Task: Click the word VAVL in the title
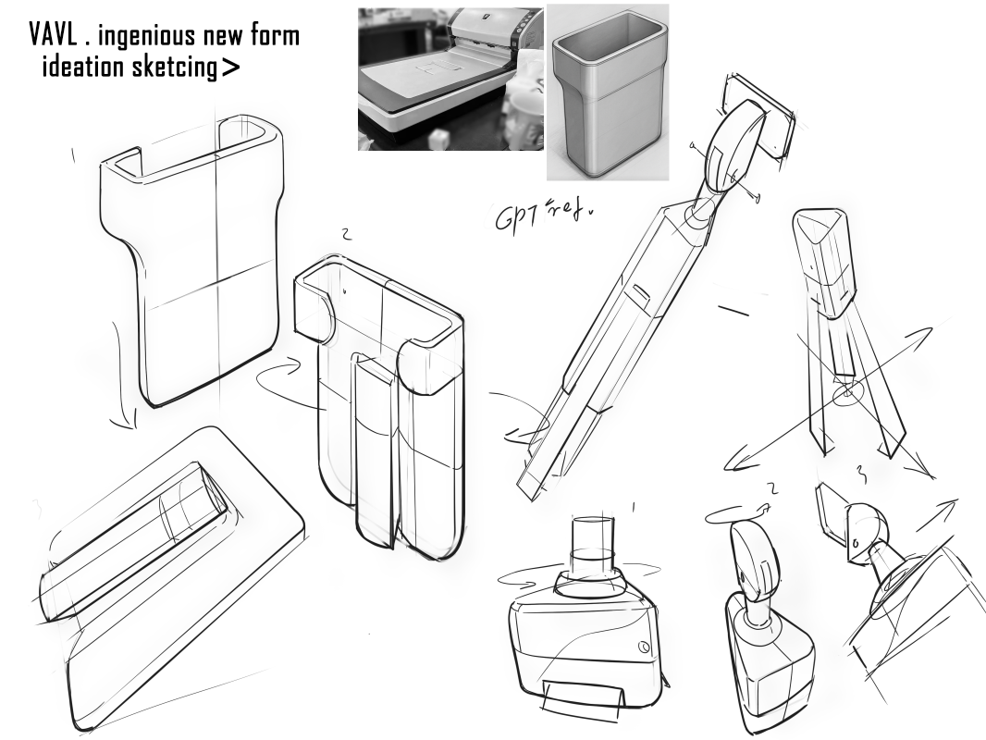click(x=54, y=35)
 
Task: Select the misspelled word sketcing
click(x=174, y=67)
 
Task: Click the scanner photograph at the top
click(x=450, y=80)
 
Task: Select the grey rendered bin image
click(x=608, y=92)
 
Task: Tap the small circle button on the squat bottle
click(x=643, y=647)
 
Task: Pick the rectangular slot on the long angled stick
click(x=639, y=295)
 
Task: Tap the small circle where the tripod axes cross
click(x=847, y=393)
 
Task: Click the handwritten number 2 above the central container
click(x=345, y=235)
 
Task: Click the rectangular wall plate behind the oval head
click(x=761, y=117)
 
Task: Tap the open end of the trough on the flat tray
click(x=212, y=487)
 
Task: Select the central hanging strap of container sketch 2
click(x=376, y=452)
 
